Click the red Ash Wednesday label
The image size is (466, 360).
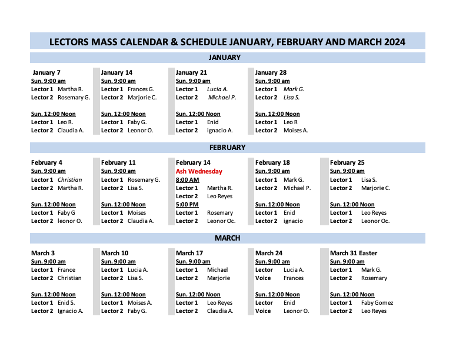pyautogui.click(x=199, y=171)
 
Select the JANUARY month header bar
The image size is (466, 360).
pyautogui.click(x=227, y=58)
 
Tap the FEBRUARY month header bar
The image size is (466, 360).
pyautogui.click(x=227, y=148)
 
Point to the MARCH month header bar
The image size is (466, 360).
pyautogui.click(x=227, y=238)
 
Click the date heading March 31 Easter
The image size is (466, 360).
pyautogui.click(x=354, y=253)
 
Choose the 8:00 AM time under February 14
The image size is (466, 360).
pyautogui.click(x=187, y=179)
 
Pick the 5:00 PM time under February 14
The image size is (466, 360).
pyautogui.click(x=187, y=204)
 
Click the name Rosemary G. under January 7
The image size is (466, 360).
pyautogui.click(x=74, y=98)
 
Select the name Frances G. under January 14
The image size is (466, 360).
pyautogui.click(x=141, y=89)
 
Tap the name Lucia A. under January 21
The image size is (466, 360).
pyautogui.click(x=217, y=89)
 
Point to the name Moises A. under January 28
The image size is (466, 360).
pyautogui.click(x=295, y=131)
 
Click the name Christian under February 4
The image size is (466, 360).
pyautogui.click(x=70, y=179)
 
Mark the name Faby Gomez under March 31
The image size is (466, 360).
pyautogui.click(x=377, y=303)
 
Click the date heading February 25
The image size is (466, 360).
pyautogui.click(x=347, y=162)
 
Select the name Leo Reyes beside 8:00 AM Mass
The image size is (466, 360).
pyautogui.click(x=219, y=196)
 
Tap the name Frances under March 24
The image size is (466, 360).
pyautogui.click(x=294, y=278)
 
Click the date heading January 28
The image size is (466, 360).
pyautogui.click(x=271, y=73)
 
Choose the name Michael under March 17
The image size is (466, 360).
pyautogui.click(x=217, y=270)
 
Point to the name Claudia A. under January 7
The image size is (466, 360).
pyautogui.click(x=71, y=131)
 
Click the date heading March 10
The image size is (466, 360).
pyautogui.click(x=115, y=253)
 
